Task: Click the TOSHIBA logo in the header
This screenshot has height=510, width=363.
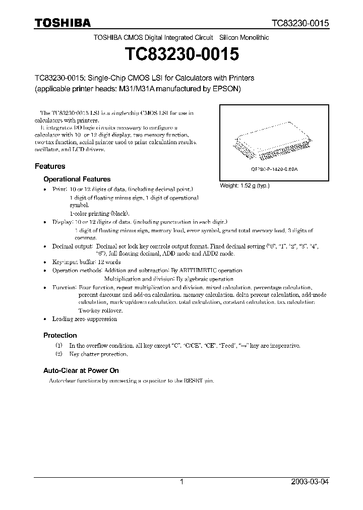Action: pos(63,23)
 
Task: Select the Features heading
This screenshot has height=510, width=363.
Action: pos(50,166)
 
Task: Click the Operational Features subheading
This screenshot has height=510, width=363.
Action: pos(77,179)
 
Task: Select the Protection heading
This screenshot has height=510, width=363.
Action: pos(60,335)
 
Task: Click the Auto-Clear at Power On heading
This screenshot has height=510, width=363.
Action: pos(81,370)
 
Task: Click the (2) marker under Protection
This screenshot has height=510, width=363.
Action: pos(58,354)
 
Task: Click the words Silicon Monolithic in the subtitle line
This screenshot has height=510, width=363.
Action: pos(244,38)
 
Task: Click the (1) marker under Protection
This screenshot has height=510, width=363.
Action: pos(58,346)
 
